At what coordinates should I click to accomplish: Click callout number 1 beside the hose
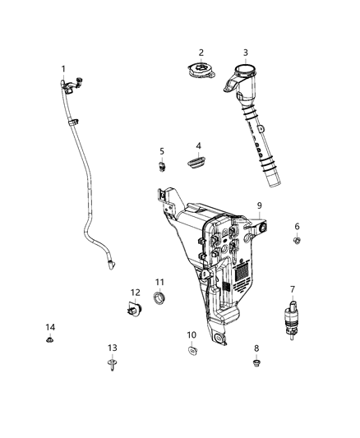(x=62, y=69)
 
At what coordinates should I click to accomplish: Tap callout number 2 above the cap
(x=200, y=53)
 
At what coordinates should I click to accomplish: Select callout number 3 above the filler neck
(x=245, y=53)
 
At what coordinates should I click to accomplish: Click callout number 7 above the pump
(x=292, y=290)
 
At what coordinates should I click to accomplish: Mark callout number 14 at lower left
(x=48, y=328)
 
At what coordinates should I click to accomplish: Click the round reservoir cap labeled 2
(x=199, y=71)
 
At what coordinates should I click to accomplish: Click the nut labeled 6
(x=298, y=241)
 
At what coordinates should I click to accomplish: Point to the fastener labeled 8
(x=256, y=362)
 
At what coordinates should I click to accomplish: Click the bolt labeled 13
(x=112, y=366)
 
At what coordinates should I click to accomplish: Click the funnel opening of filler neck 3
(x=245, y=70)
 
